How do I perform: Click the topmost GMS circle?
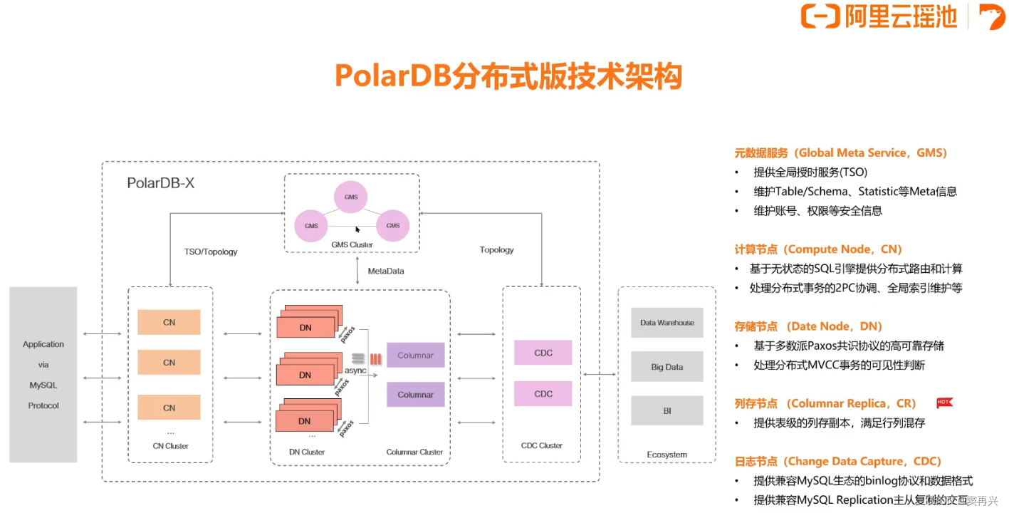coord(351,197)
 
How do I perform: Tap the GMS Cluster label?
coord(352,244)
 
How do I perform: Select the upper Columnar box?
coord(416,355)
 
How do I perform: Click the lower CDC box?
coord(543,393)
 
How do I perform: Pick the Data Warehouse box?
coord(667,323)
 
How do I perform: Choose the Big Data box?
coord(667,367)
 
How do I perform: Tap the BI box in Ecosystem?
coord(667,411)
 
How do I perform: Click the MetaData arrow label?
coord(385,271)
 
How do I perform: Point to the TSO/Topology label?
coord(211,252)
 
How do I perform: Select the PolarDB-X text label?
coord(160,183)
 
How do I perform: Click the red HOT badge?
coord(944,403)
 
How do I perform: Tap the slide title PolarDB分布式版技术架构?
coord(508,76)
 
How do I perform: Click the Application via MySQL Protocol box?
coord(43,375)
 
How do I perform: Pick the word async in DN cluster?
coord(355,370)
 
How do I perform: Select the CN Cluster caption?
coord(171,446)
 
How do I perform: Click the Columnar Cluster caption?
coord(414,452)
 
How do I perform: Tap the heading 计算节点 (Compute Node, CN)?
coord(818,249)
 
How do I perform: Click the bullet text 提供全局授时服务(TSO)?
coord(810,172)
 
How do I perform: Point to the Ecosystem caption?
coord(667,455)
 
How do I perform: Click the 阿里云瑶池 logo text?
coord(900,16)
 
